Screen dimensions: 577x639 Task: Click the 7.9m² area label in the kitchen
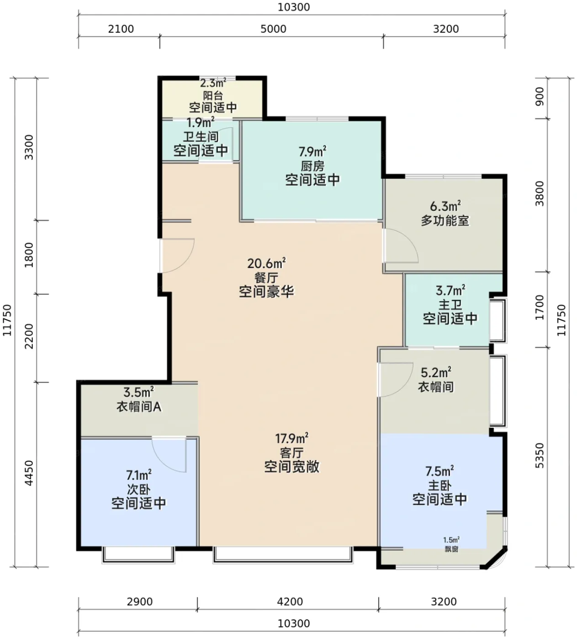(312, 152)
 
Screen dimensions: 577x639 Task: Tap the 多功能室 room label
(445, 220)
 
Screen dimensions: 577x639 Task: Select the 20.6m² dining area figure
(266, 263)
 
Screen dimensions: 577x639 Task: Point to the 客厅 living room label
(291, 452)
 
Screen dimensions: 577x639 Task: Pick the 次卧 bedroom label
(139, 489)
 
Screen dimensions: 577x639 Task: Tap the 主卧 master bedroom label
(439, 486)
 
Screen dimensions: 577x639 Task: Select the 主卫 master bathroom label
(450, 305)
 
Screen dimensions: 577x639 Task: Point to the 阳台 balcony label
(213, 95)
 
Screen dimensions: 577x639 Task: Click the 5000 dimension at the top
(273, 29)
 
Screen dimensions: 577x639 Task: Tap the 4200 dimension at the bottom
(290, 602)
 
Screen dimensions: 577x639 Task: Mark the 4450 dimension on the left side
(29, 473)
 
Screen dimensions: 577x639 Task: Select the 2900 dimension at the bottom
(140, 602)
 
